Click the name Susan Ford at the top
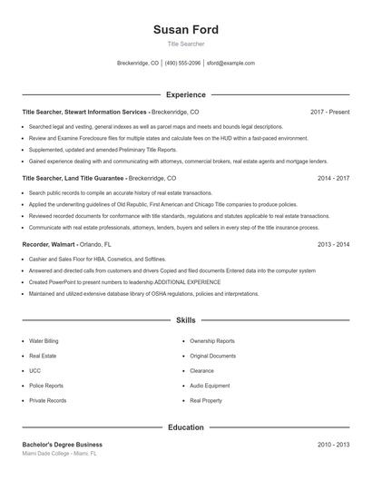(x=185, y=30)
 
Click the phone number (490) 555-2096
(x=182, y=64)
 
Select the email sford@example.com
(x=230, y=64)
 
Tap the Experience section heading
(x=185, y=94)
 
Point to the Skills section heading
(x=185, y=320)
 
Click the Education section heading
(x=185, y=427)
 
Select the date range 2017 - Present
(x=329, y=112)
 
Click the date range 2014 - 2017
(x=333, y=179)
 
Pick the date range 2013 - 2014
(x=333, y=245)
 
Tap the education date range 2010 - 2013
(x=333, y=445)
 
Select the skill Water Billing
(x=44, y=341)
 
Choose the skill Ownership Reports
(x=211, y=341)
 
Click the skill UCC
(x=35, y=370)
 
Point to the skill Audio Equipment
(x=210, y=385)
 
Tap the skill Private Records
(x=47, y=399)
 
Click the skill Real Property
(x=206, y=399)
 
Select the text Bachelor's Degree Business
(x=62, y=445)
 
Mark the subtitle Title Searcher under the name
(x=185, y=44)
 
